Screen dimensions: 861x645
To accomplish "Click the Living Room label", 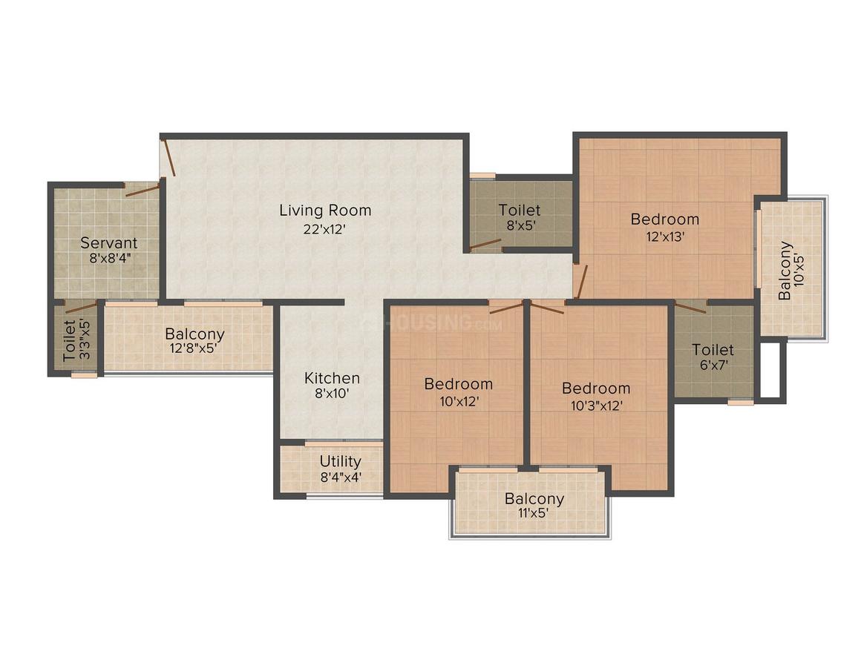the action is coord(325,210).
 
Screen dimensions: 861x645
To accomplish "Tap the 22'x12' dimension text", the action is coord(324,229).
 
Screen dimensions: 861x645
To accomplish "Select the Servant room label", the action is coord(108,242).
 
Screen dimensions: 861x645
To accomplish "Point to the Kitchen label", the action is coord(333,378).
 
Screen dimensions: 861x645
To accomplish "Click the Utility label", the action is coord(341,461).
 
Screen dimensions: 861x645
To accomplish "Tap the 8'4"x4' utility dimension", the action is coord(341,477).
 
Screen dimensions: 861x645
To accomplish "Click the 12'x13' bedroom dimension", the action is coord(665,236).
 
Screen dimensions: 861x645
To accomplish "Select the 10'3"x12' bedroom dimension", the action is coord(596,406).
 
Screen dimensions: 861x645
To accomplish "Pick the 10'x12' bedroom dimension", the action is coord(459,402).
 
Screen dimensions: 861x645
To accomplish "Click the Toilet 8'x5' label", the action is coord(520,217).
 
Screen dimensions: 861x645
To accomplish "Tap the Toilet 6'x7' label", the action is coord(713,357).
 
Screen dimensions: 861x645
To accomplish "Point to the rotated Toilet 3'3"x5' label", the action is coord(76,340).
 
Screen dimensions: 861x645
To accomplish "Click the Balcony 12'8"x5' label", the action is coord(194,340).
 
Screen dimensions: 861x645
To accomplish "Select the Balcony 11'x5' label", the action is coord(534,506).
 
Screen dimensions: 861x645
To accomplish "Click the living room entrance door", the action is coord(168,157).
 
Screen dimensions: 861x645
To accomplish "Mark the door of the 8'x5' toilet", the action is coord(485,244).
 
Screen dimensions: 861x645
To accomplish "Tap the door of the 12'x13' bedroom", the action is coord(581,282).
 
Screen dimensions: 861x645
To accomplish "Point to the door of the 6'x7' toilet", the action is coord(691,307).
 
